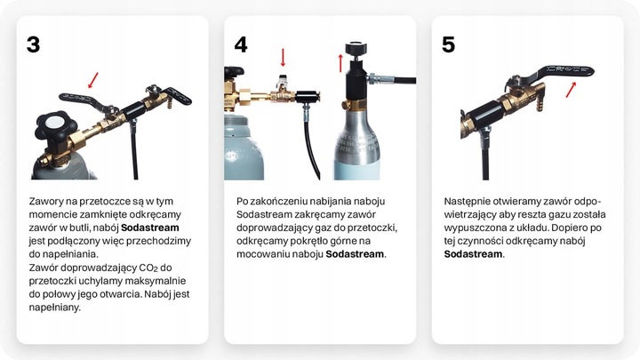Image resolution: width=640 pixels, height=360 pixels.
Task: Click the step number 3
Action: (33, 44)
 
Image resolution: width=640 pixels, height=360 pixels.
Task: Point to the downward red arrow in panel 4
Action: (283, 58)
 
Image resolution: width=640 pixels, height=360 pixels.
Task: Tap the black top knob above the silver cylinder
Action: (356, 47)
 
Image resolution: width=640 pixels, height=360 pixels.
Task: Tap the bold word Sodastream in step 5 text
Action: (474, 253)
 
